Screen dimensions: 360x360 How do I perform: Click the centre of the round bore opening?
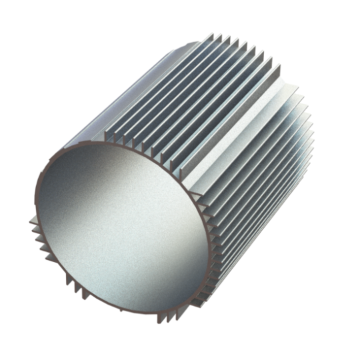(x=122, y=230)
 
